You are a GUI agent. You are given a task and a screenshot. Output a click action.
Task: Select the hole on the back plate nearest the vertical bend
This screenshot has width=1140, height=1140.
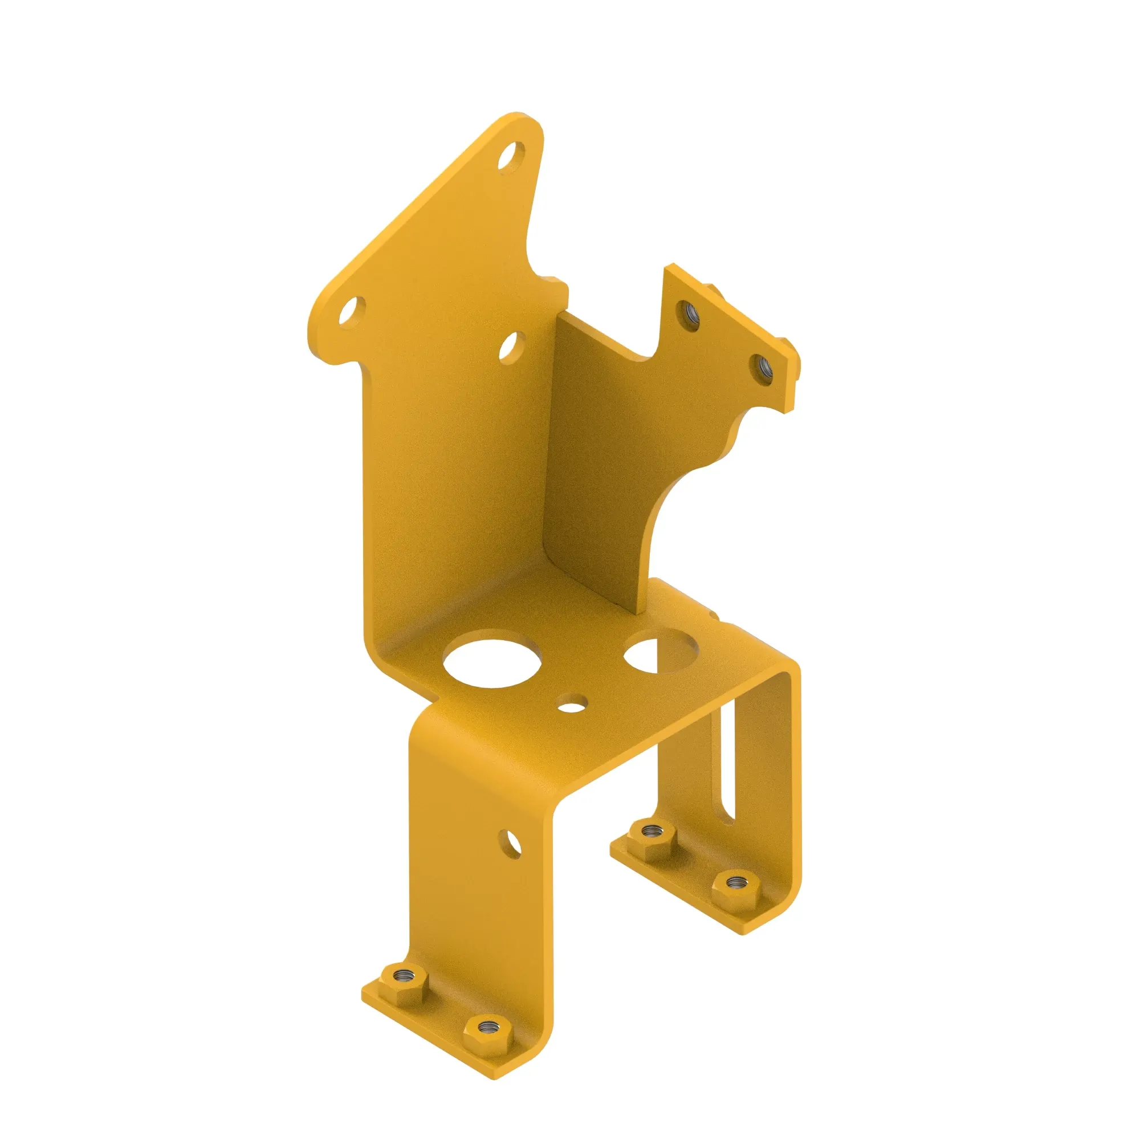[x=512, y=348]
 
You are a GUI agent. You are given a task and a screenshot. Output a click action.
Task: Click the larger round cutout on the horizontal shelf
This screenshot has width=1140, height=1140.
[x=492, y=663]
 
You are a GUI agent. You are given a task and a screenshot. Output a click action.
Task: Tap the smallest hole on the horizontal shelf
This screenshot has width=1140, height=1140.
[x=571, y=705]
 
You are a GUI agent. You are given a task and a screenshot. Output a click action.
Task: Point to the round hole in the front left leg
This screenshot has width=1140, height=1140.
[x=510, y=843]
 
